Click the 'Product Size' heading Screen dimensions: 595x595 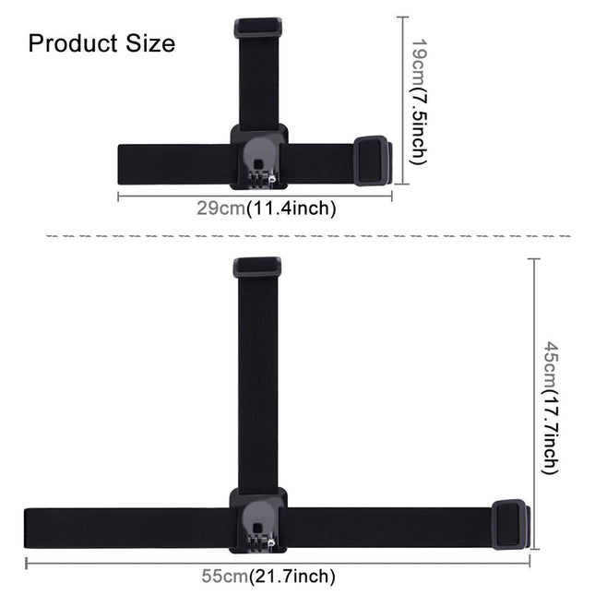point(101,43)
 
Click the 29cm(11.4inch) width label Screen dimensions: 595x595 point(266,208)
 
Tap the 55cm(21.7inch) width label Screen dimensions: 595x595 point(268,577)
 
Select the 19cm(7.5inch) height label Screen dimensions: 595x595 point(418,101)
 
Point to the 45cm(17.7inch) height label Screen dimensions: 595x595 point(550,406)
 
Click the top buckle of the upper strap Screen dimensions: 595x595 point(257,28)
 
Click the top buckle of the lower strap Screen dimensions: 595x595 point(257,268)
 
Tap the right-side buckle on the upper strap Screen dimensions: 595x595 point(373,161)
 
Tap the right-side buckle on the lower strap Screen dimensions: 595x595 point(510,524)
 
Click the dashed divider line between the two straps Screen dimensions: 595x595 point(308,236)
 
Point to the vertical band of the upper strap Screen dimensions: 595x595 point(258,83)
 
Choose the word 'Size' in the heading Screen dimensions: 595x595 point(148,43)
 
